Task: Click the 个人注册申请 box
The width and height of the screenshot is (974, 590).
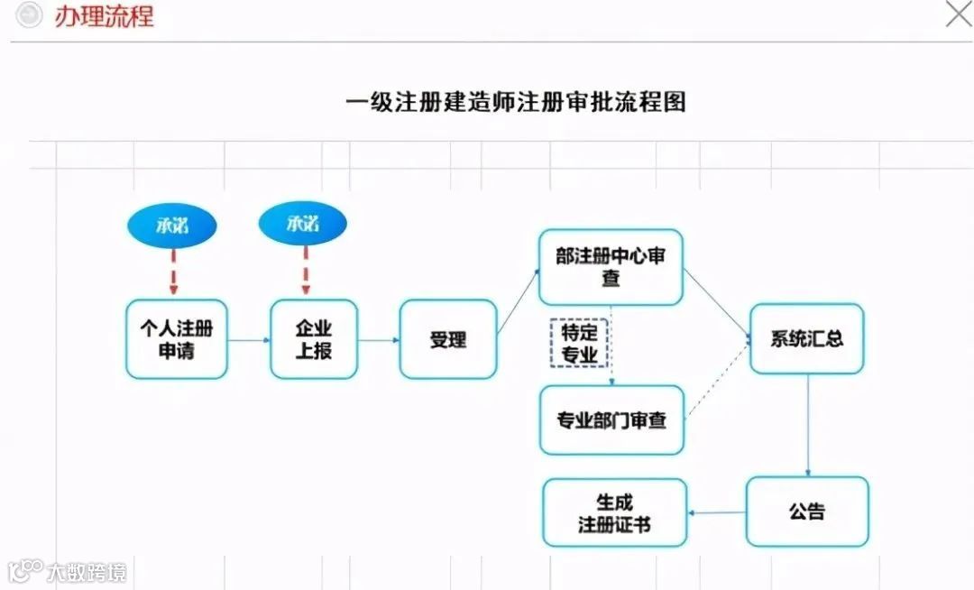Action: (x=176, y=339)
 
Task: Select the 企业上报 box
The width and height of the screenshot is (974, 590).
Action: (x=314, y=339)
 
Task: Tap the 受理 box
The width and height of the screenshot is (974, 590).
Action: (x=447, y=339)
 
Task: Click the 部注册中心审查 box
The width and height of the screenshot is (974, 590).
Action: (x=611, y=267)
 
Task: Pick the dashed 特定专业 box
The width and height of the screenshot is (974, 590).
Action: (x=579, y=343)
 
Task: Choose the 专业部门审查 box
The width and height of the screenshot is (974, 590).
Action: (x=611, y=420)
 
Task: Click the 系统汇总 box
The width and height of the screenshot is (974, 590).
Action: (x=806, y=339)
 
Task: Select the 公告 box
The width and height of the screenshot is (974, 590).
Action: (x=806, y=512)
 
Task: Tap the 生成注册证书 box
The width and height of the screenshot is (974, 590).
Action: (x=614, y=512)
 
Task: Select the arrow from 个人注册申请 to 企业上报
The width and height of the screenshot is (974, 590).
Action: (x=249, y=340)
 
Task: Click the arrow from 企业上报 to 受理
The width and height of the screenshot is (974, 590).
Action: (x=379, y=340)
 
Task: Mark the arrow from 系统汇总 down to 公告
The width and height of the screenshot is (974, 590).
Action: (x=807, y=425)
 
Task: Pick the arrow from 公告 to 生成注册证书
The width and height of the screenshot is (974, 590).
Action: (x=716, y=512)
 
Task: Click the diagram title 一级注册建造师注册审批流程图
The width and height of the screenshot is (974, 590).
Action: (x=516, y=102)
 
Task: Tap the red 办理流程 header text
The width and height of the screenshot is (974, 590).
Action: (x=104, y=16)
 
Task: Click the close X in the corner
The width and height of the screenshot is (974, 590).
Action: (x=957, y=14)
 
